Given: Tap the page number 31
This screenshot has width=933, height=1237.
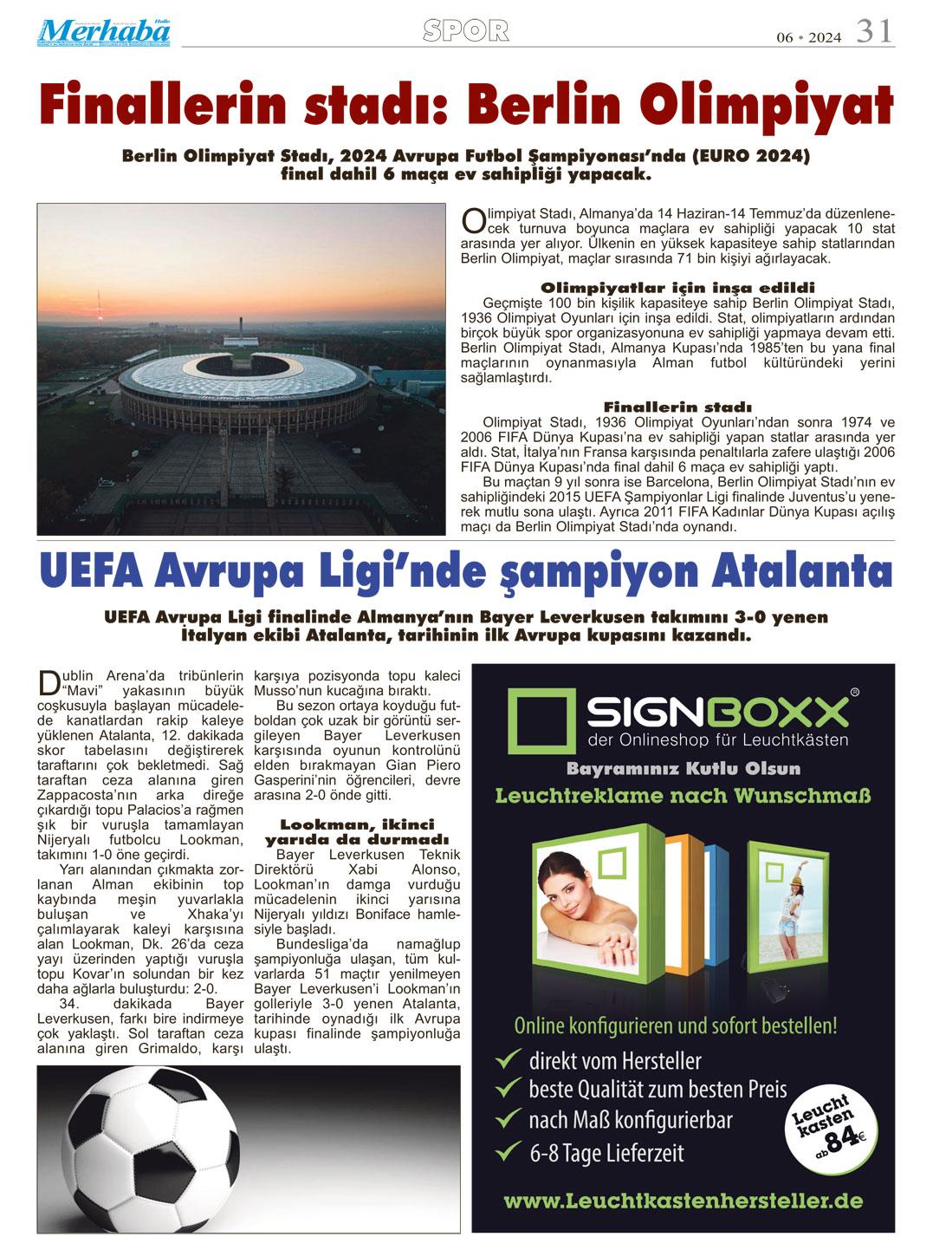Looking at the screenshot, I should (x=875, y=33).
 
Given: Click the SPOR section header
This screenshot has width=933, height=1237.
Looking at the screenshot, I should (x=466, y=31).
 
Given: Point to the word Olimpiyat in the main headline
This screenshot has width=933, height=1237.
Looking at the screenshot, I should (x=779, y=107).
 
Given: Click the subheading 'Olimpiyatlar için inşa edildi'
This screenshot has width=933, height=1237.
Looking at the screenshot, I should (x=677, y=287).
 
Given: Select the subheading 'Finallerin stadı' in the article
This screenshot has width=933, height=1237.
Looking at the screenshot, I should (x=677, y=407).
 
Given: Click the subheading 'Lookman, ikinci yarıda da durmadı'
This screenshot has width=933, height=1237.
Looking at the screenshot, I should (x=356, y=831).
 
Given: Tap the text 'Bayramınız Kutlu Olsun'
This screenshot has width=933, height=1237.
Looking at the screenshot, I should (x=684, y=769).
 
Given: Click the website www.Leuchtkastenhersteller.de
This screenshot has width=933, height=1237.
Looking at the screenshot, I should (x=683, y=1201).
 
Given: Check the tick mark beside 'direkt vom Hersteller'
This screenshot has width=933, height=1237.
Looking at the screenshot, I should (x=505, y=1059).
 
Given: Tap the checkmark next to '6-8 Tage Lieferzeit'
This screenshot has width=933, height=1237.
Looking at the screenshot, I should (x=505, y=1152).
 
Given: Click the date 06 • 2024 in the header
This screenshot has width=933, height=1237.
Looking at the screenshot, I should (x=807, y=38).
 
